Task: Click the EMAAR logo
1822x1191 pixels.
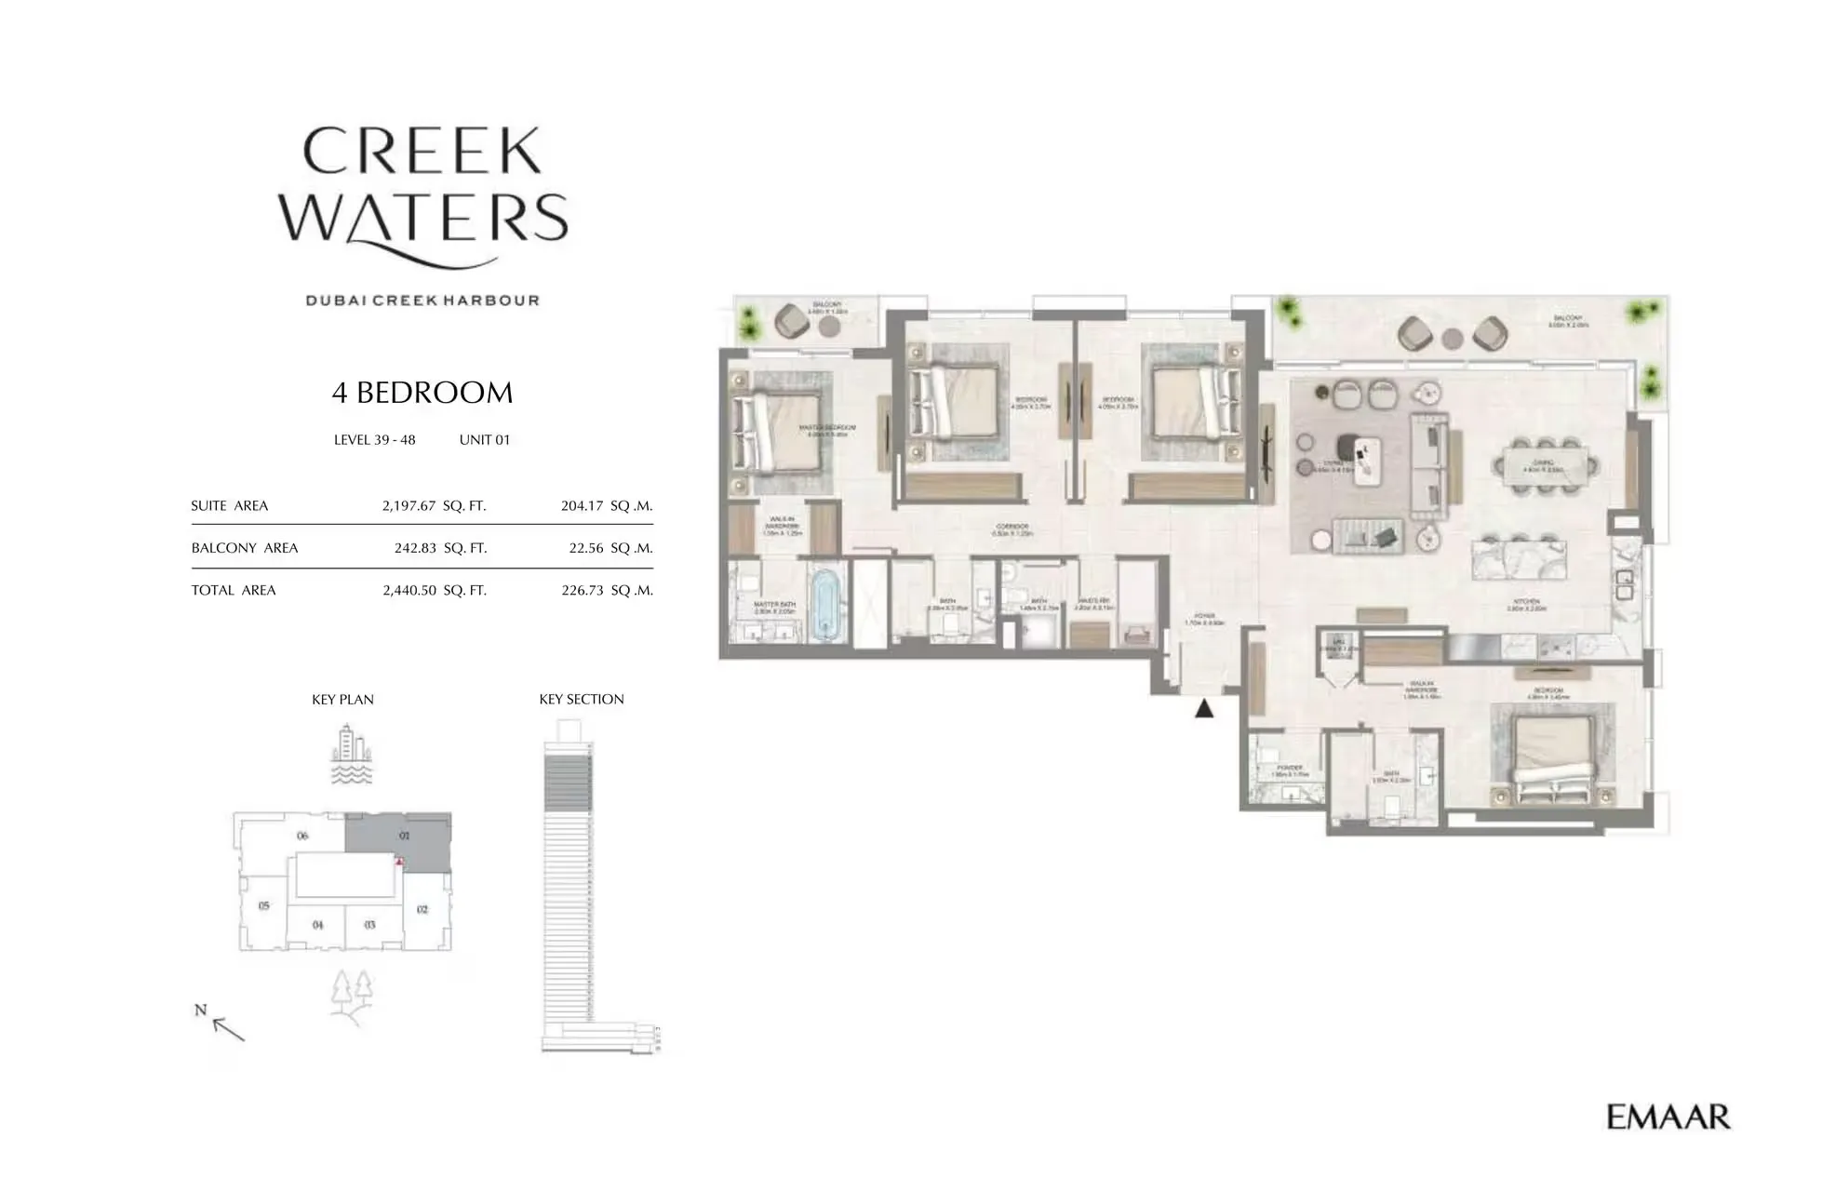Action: (1668, 1117)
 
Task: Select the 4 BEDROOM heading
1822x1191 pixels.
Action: (422, 393)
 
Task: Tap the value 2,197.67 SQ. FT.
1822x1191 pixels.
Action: (434, 506)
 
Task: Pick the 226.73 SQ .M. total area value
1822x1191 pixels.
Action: (607, 590)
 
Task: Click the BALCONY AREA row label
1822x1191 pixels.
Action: (245, 548)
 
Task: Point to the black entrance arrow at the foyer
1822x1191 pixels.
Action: (1204, 709)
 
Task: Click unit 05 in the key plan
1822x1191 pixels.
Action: (264, 905)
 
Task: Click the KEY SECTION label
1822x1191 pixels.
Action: (582, 700)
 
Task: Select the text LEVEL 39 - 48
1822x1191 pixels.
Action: (374, 440)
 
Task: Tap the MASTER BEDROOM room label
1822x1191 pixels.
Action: (828, 430)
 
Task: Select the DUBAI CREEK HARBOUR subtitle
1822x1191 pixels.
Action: (422, 301)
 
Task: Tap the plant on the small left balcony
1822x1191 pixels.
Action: (750, 322)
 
